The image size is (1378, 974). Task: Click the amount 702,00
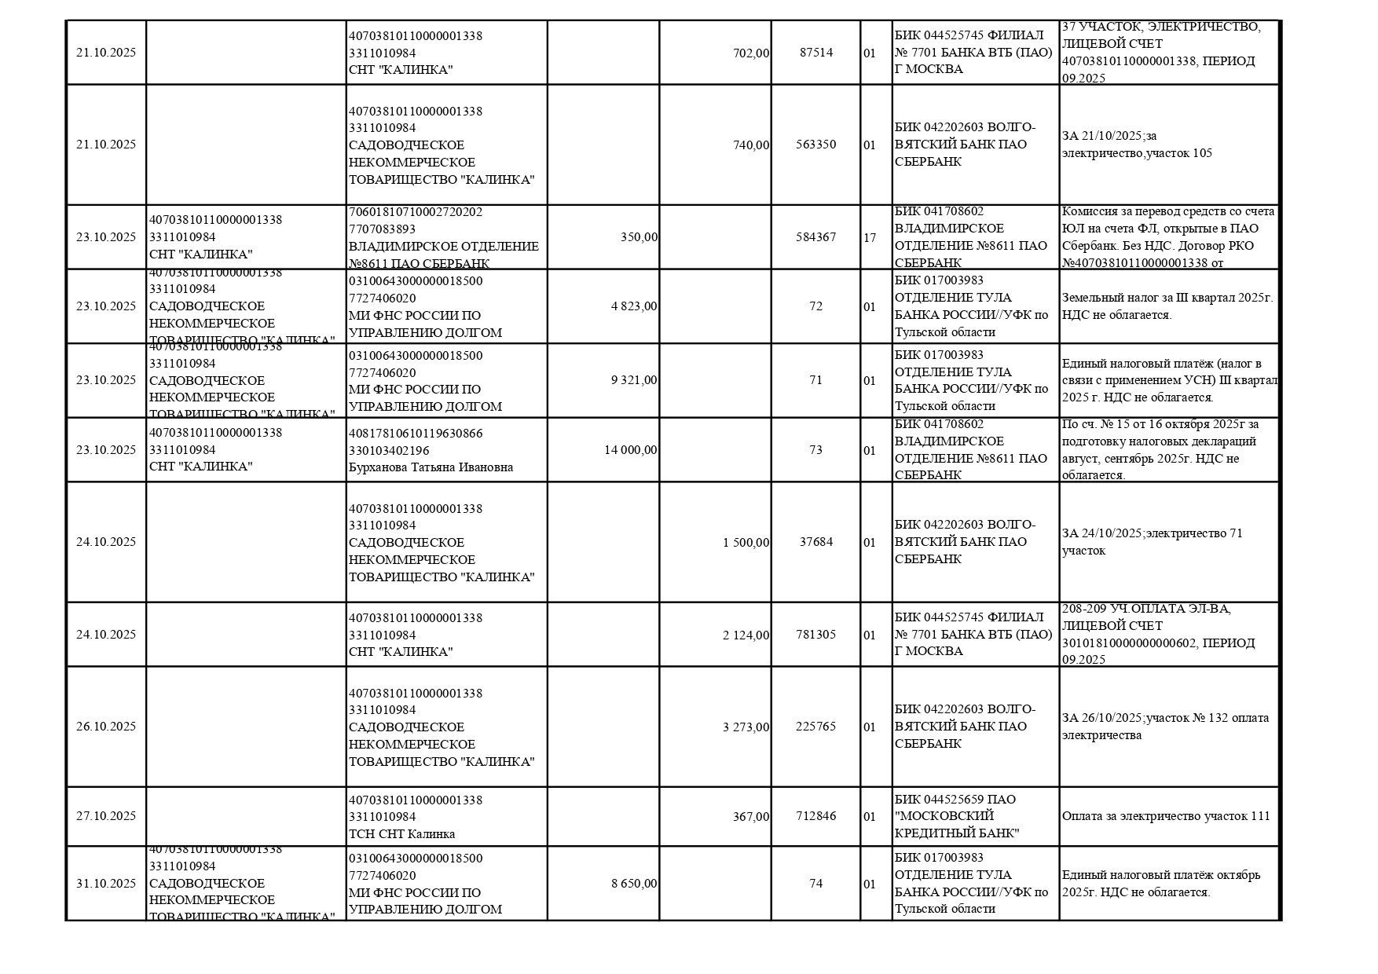(x=751, y=53)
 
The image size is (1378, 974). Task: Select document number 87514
(x=815, y=53)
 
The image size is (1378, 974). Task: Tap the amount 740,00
(x=751, y=145)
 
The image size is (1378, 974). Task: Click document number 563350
(x=815, y=145)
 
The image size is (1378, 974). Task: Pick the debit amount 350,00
(x=639, y=237)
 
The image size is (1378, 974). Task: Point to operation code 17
(x=870, y=237)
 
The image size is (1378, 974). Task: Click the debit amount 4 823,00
(x=634, y=306)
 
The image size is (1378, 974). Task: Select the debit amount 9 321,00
(x=634, y=380)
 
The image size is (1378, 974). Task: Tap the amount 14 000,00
(x=631, y=450)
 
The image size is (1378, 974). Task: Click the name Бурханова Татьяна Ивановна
(x=431, y=467)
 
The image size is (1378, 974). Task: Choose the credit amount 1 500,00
(x=746, y=542)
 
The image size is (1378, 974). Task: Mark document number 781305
(x=815, y=635)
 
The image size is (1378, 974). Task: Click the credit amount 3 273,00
(x=746, y=727)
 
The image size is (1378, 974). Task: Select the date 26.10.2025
(x=106, y=727)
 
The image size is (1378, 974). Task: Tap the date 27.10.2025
(x=106, y=816)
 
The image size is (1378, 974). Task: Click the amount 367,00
(x=751, y=817)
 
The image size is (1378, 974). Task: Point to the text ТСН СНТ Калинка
(x=401, y=834)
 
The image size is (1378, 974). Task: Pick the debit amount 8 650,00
(x=634, y=884)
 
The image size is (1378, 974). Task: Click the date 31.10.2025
(x=106, y=884)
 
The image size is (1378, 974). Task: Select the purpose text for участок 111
(x=1165, y=816)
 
